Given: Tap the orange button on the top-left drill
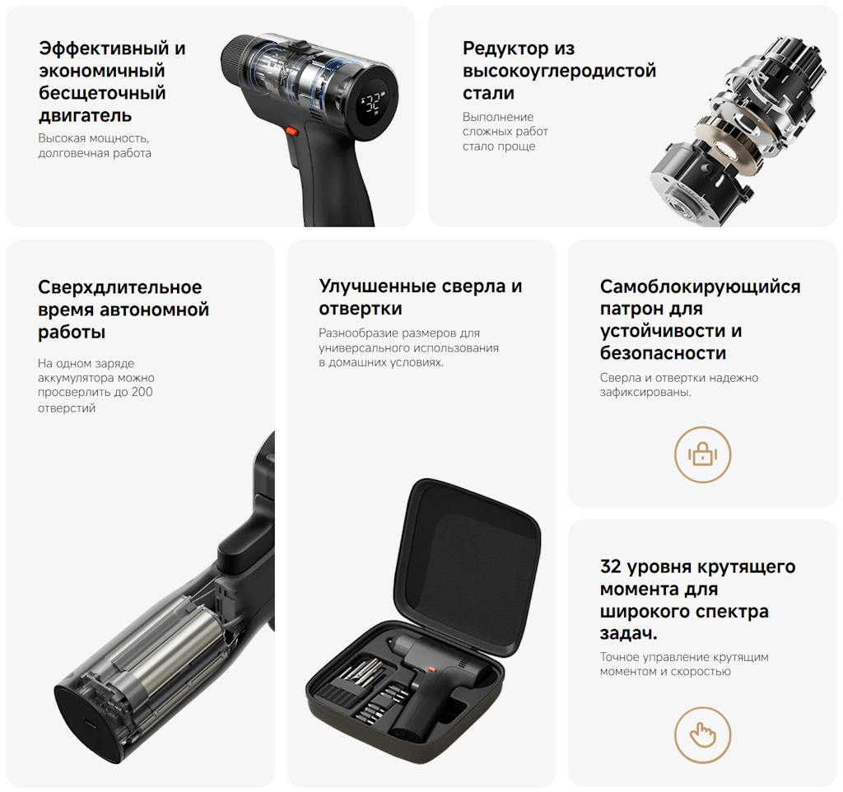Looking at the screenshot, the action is [x=292, y=130].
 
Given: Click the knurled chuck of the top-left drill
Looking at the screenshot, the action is [x=235, y=59].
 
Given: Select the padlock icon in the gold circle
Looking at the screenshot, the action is [x=702, y=454].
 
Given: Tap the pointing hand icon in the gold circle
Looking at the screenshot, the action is [x=703, y=734].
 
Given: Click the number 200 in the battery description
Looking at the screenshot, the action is [x=142, y=392].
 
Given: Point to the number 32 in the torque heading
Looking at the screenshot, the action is [x=611, y=566].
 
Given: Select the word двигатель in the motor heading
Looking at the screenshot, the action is [x=85, y=115].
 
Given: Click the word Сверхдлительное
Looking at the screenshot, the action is [x=120, y=287].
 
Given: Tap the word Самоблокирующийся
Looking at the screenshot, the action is [x=700, y=287].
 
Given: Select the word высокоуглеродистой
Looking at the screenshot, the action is [x=560, y=71].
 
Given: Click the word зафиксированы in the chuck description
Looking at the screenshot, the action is [x=645, y=392].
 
